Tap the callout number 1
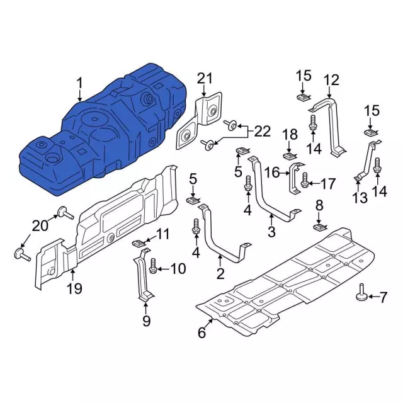coord(80,83)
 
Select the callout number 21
coord(205,79)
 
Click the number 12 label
coord(331,80)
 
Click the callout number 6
coord(201,333)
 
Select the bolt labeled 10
coord(153,268)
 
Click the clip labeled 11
coord(139,242)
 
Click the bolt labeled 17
coord(305,182)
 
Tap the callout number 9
coord(146,322)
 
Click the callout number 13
coord(359,198)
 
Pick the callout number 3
coord(271,232)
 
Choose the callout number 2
coord(220,273)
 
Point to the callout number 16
coord(272,173)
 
